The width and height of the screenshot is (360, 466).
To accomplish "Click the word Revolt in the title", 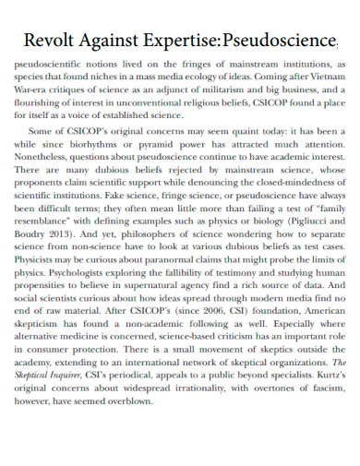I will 51,41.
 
